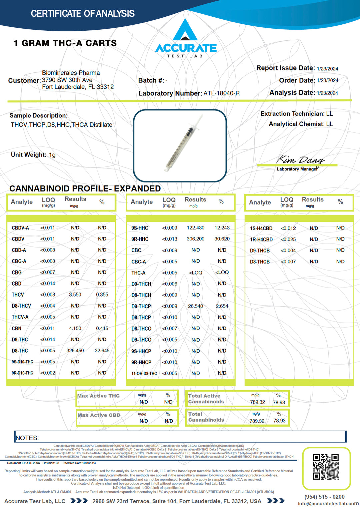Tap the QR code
(326, 467)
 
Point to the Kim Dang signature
(300, 160)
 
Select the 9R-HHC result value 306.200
(195, 239)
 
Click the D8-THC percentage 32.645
(102, 351)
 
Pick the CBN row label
(17, 329)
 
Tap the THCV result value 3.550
(75, 295)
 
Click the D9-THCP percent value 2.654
(222, 306)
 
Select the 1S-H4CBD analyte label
(261, 228)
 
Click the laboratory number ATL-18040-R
(221, 93)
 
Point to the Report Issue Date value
(327, 69)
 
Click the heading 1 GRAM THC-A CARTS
(65, 43)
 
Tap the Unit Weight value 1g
(52, 155)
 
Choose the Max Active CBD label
(99, 415)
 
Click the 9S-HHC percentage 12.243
(222, 228)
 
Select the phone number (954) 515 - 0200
(324, 497)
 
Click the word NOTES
(27, 438)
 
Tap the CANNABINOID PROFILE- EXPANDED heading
(85, 188)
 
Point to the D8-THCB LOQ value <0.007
(288, 262)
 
